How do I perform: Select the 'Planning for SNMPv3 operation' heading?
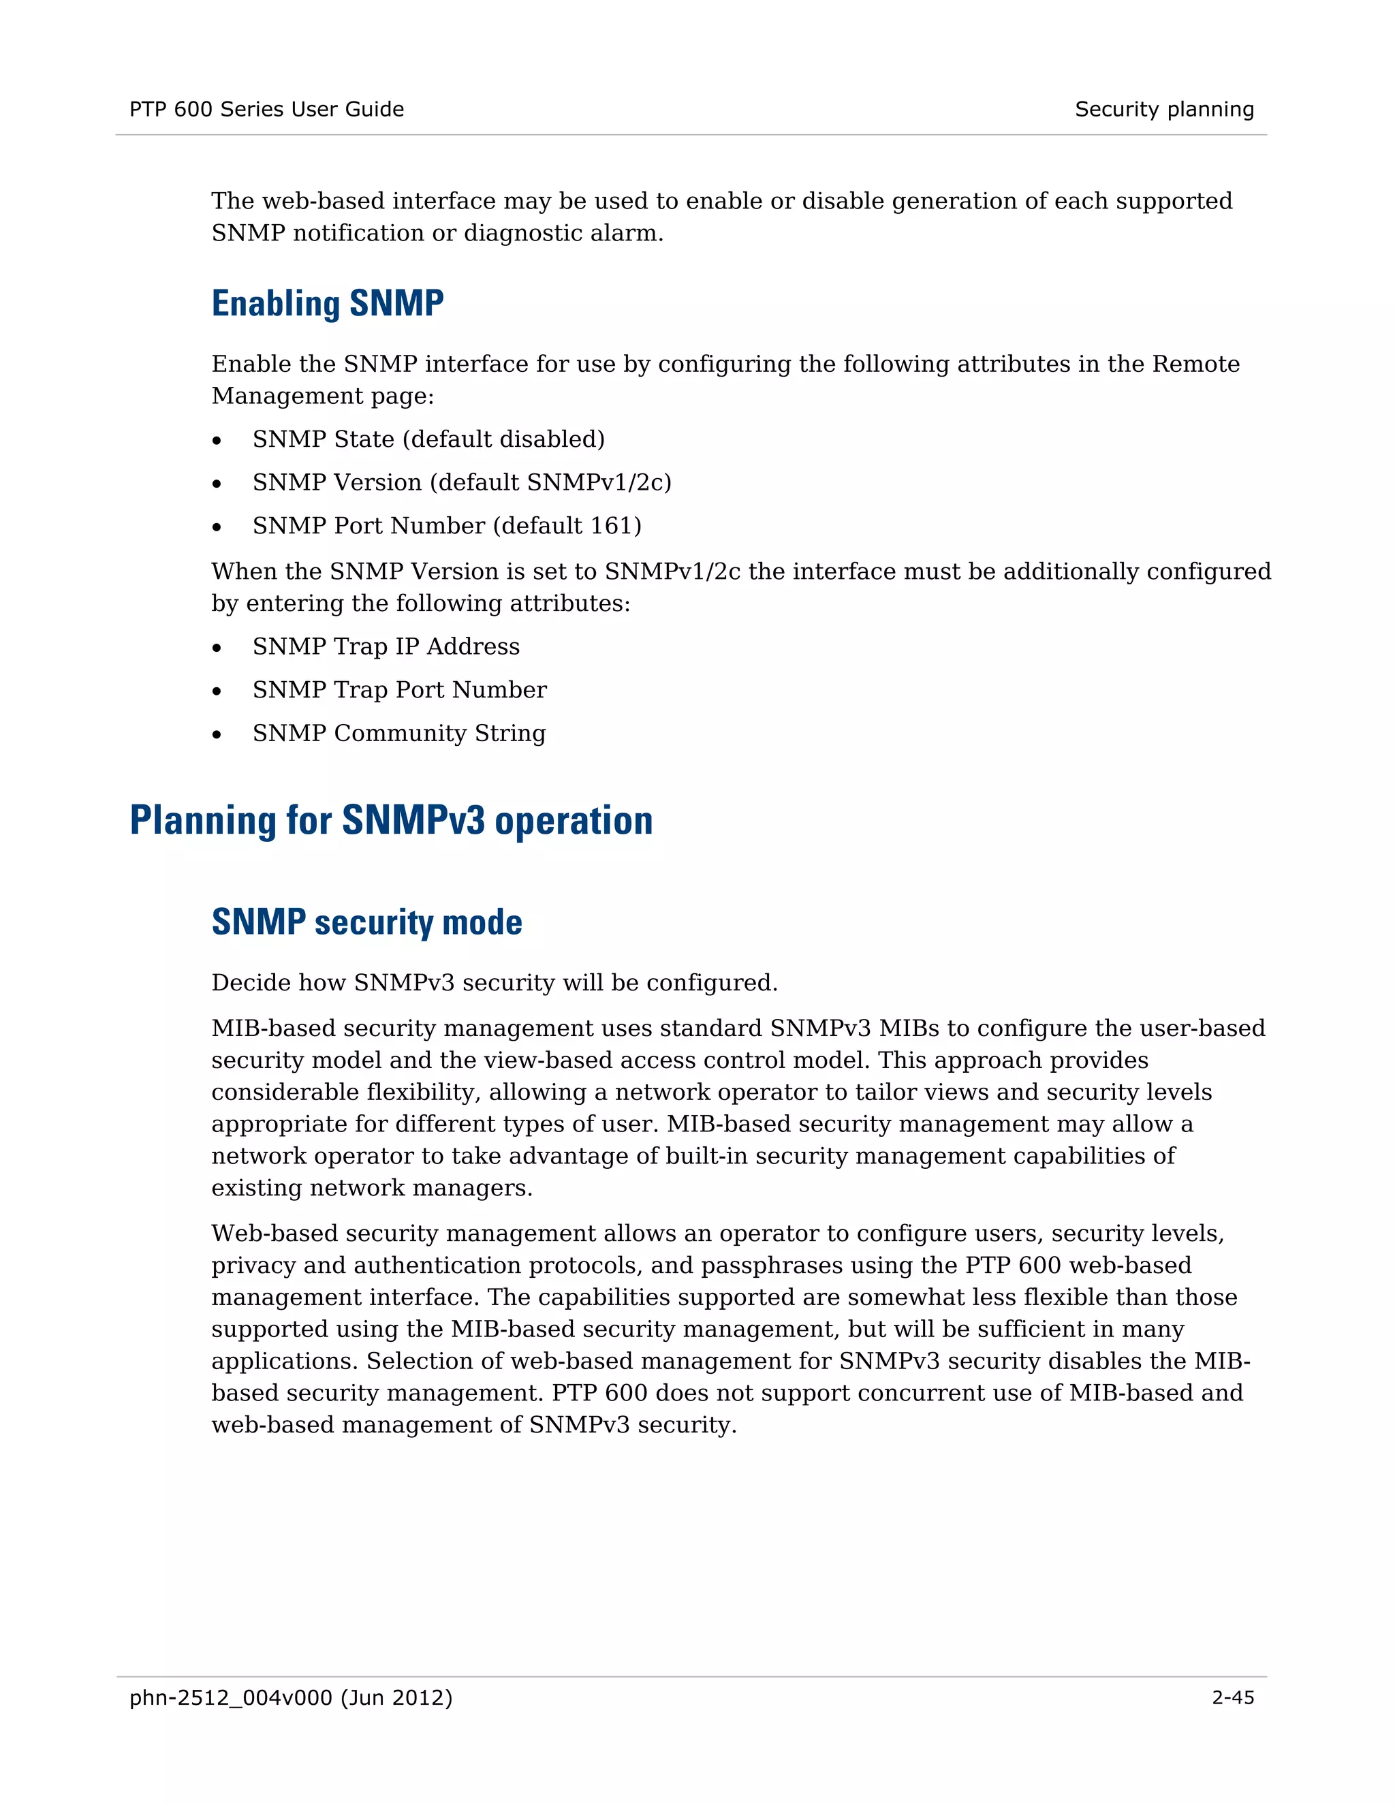click(391, 821)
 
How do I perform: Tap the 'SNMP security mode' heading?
click(367, 922)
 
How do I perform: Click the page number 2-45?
click(1233, 1697)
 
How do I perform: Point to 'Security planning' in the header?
click(1163, 109)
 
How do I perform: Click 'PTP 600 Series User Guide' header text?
click(267, 109)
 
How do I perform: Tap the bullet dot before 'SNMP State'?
click(217, 441)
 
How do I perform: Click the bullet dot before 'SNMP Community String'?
click(217, 736)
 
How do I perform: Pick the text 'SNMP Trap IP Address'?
click(386, 646)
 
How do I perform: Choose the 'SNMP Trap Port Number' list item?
click(399, 690)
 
